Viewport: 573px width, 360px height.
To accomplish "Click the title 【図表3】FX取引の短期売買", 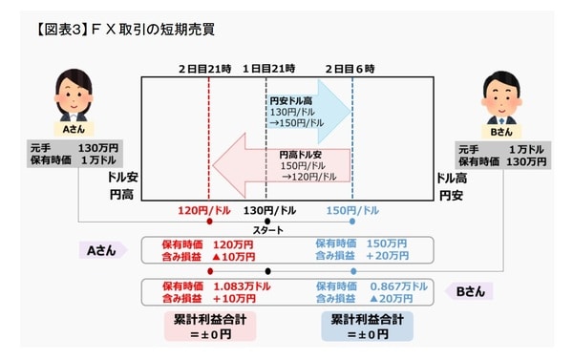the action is [x=113, y=29].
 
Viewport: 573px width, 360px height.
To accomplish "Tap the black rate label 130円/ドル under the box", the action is [x=266, y=210].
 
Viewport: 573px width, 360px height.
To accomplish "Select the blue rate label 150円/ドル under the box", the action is [x=352, y=210].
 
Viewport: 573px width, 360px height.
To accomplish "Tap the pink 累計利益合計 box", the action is [x=209, y=326].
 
